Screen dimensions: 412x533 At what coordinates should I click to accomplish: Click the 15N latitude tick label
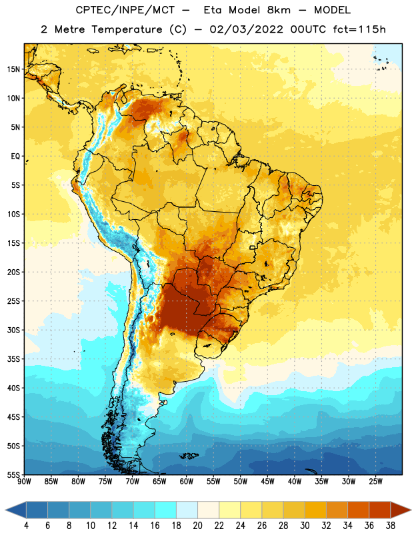(13, 69)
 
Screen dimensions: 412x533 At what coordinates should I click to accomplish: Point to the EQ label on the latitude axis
(15, 157)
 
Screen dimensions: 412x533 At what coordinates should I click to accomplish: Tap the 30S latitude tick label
(13, 330)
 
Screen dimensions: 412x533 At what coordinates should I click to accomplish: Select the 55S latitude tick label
(13, 474)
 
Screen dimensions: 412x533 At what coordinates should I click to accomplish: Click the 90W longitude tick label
(24, 482)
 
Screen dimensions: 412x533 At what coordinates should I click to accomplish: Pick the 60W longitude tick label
(187, 482)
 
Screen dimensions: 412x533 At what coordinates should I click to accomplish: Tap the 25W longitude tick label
(375, 482)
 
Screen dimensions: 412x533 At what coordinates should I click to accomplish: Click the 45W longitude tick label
(268, 482)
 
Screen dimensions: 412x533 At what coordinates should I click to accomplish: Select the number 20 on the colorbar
(197, 526)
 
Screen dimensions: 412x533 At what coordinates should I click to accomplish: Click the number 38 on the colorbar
(391, 526)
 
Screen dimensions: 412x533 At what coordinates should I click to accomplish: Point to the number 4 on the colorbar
(26, 526)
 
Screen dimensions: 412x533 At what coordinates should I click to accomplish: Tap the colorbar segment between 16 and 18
(166, 510)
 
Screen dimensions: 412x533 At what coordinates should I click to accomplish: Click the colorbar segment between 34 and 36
(359, 510)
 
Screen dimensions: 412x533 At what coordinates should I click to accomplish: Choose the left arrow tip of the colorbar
(5, 510)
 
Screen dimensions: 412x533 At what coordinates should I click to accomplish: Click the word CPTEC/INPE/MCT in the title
(125, 10)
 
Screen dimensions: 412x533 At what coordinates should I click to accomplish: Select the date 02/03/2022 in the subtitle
(246, 29)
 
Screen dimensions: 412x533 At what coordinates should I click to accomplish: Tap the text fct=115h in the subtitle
(359, 29)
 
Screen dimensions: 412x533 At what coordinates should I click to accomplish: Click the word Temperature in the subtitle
(127, 30)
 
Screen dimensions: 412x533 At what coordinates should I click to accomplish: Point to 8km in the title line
(279, 10)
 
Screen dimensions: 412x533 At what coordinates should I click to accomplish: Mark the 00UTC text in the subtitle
(308, 29)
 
